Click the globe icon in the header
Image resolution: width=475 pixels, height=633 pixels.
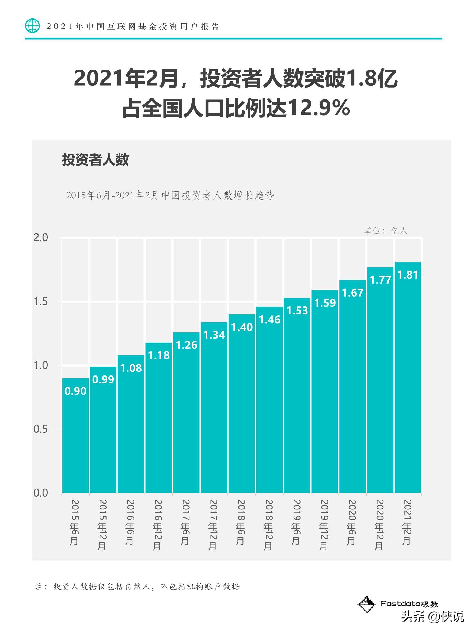coord(32,26)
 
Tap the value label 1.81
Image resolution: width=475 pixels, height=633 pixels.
coord(408,275)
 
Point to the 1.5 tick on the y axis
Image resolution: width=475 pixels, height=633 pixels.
coord(41,302)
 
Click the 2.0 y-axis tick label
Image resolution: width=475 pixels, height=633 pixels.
coord(41,237)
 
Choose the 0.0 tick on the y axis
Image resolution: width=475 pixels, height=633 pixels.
coord(41,493)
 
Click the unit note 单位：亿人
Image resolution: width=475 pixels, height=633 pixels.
coord(385,231)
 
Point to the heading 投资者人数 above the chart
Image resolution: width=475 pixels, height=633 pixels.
coord(95,160)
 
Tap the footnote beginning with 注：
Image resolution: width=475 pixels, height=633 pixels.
coord(138,586)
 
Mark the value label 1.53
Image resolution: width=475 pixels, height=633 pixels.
coord(297,311)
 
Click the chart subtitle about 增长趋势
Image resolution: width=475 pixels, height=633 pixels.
coord(170,195)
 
